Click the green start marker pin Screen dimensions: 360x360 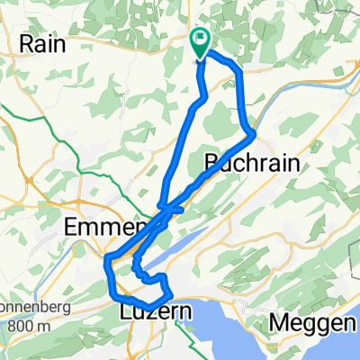pyautogui.click(x=200, y=41)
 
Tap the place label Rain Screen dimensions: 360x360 pyautogui.click(x=41, y=43)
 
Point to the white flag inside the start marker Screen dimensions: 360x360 pyautogui.click(x=200, y=40)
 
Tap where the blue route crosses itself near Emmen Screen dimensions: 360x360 pyautogui.click(x=165, y=209)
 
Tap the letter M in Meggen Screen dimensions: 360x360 pyautogui.click(x=275, y=321)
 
